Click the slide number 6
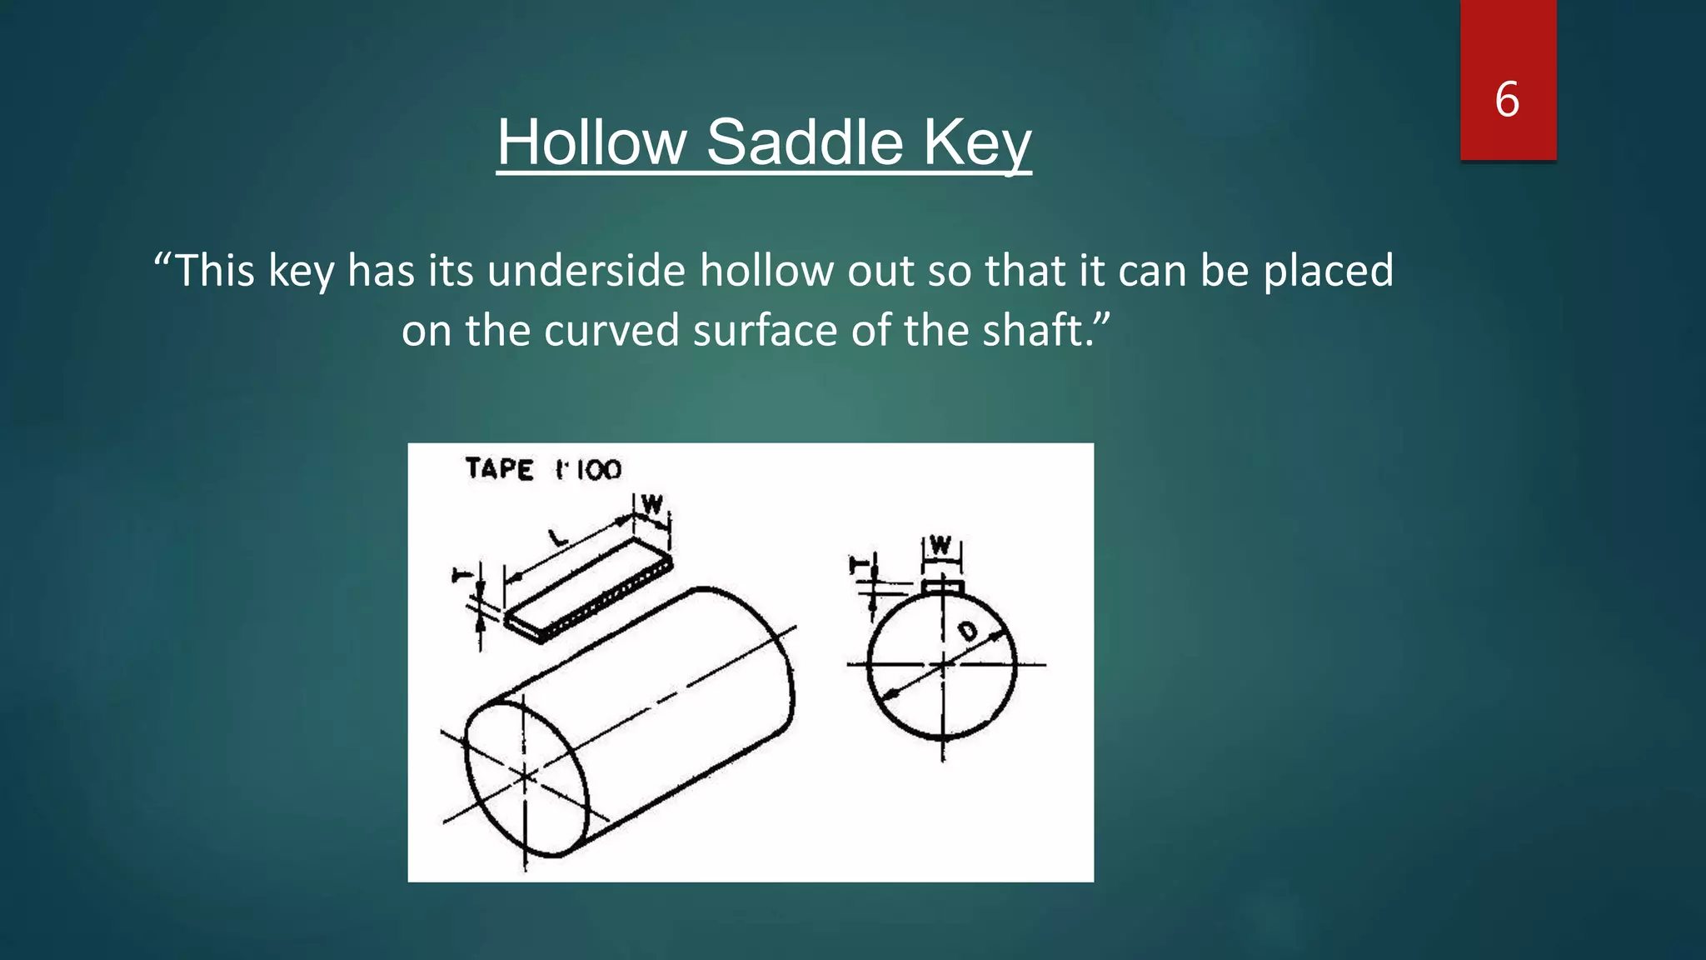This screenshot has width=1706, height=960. click(1507, 99)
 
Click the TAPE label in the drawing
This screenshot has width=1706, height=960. click(499, 468)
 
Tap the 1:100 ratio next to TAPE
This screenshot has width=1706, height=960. click(589, 470)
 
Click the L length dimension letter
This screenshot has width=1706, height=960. click(559, 538)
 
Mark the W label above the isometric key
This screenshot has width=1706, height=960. click(652, 504)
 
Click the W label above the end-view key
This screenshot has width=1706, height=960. click(940, 546)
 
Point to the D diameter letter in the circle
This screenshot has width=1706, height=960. click(967, 631)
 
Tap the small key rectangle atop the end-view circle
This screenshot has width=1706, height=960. click(942, 587)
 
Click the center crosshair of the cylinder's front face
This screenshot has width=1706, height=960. click(525, 777)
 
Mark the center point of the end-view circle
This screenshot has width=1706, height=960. click(942, 664)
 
